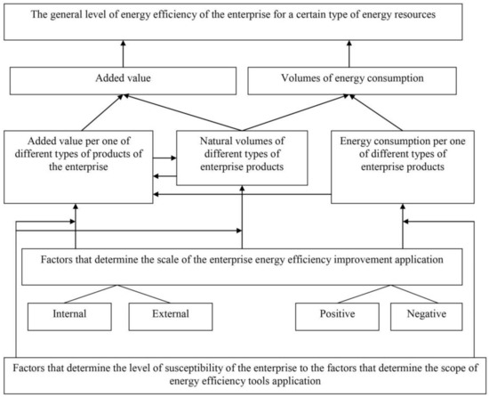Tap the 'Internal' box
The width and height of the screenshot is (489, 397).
coord(68,314)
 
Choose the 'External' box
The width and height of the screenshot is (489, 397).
coord(169,314)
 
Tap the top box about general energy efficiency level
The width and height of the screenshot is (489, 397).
coord(244,21)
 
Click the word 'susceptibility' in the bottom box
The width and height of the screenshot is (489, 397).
coord(178,368)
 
